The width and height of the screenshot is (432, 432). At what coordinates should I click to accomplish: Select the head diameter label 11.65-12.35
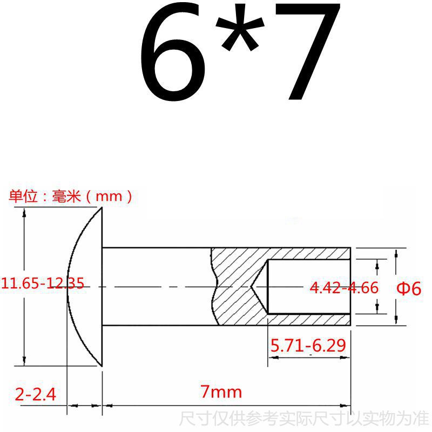(43, 283)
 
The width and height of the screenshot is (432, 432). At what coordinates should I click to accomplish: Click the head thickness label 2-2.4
(36, 394)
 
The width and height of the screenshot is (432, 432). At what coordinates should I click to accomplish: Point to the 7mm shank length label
(221, 391)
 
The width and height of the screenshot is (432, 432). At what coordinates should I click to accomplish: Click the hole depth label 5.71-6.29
(308, 346)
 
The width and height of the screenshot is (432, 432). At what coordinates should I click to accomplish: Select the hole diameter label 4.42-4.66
(344, 288)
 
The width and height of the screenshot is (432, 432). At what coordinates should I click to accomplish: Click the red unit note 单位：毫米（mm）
(70, 197)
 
